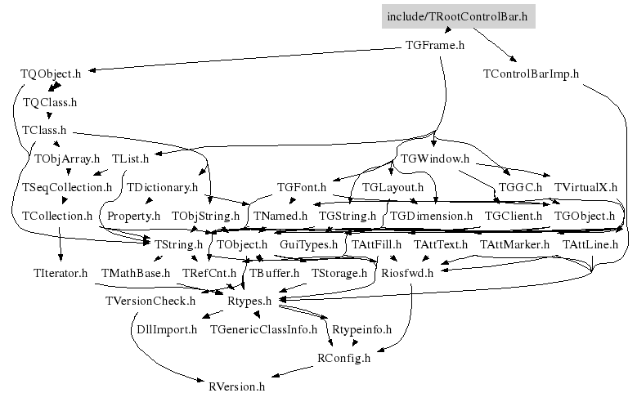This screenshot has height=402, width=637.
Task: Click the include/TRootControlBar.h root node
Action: (x=458, y=16)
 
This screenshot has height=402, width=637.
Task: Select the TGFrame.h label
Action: (x=435, y=45)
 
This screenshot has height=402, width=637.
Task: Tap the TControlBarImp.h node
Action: (x=531, y=74)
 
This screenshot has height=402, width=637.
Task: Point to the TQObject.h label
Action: (x=51, y=74)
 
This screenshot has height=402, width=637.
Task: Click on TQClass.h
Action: (x=50, y=102)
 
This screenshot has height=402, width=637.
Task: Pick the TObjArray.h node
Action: (x=67, y=159)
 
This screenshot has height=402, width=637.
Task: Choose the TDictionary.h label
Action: (x=162, y=187)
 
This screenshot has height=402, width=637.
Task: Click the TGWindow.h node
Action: (x=435, y=159)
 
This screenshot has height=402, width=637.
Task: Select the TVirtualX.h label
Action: (x=585, y=187)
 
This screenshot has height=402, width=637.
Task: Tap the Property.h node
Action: (x=133, y=216)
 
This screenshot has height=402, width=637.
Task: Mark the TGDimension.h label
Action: (x=431, y=216)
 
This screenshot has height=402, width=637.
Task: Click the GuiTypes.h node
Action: (x=308, y=244)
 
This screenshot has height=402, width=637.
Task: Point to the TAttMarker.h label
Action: (x=514, y=244)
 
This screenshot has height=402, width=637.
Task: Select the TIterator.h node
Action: (x=61, y=273)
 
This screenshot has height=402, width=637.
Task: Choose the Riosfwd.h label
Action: (x=407, y=273)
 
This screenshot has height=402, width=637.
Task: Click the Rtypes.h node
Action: (x=249, y=301)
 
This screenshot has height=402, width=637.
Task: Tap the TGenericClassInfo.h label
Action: (x=263, y=329)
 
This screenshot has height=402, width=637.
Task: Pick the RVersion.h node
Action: (x=236, y=386)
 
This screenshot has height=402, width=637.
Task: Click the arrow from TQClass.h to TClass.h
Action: (x=49, y=114)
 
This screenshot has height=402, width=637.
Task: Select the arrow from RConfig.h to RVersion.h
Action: (x=291, y=372)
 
